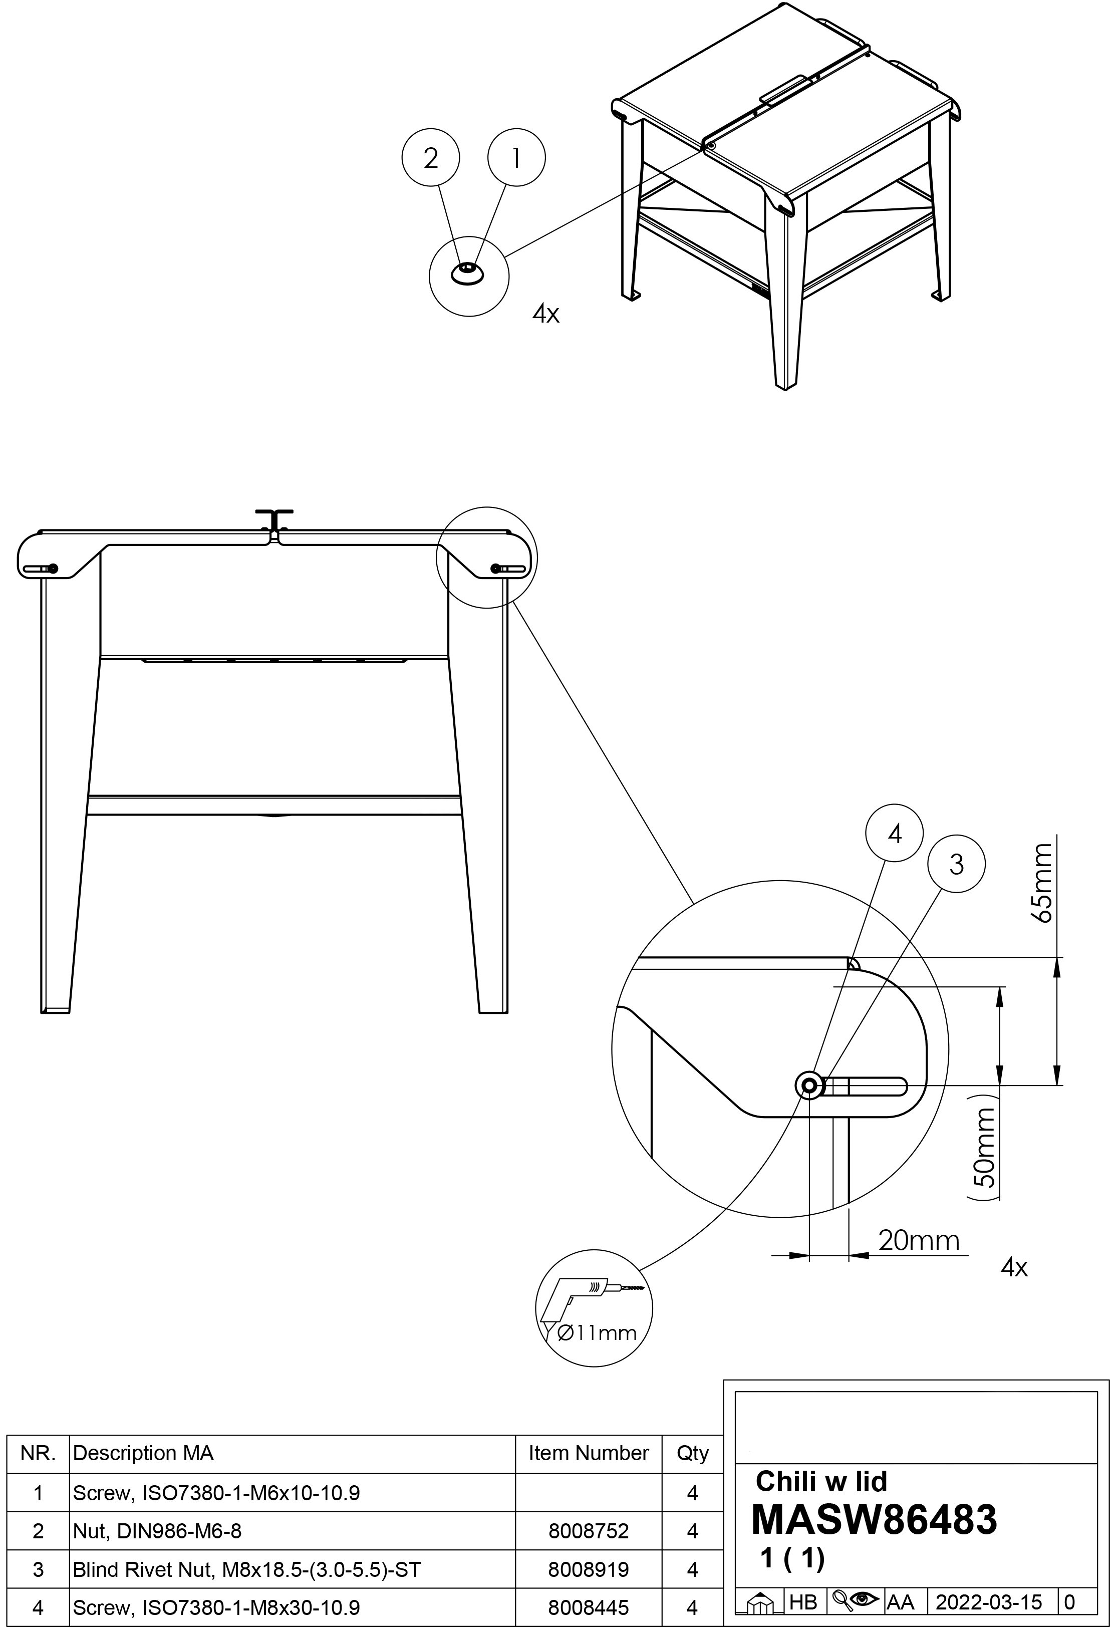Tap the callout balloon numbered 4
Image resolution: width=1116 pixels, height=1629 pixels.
[x=895, y=834]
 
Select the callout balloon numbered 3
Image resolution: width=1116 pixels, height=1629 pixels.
[x=956, y=864]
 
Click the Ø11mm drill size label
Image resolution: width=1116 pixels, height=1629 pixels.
[x=597, y=1332]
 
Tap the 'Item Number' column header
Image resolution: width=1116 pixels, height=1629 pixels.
[x=588, y=1453]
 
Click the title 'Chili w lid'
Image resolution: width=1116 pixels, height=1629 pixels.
[x=821, y=1481]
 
